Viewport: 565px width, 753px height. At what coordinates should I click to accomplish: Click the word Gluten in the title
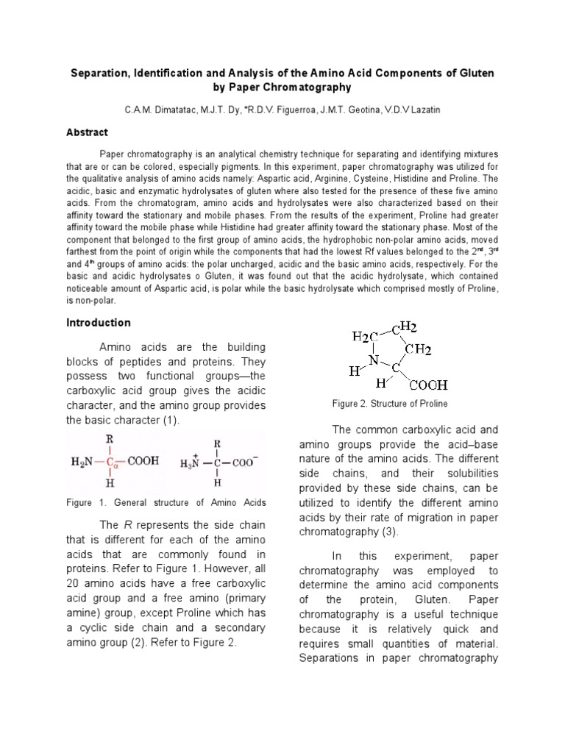(475, 74)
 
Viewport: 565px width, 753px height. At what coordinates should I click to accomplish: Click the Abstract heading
(88, 132)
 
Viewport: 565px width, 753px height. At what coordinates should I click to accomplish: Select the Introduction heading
(99, 322)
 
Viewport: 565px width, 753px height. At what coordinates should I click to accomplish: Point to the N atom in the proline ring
(373, 360)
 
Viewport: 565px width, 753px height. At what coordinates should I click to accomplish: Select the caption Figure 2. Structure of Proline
(390, 404)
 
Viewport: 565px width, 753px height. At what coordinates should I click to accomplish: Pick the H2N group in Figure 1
(82, 463)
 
